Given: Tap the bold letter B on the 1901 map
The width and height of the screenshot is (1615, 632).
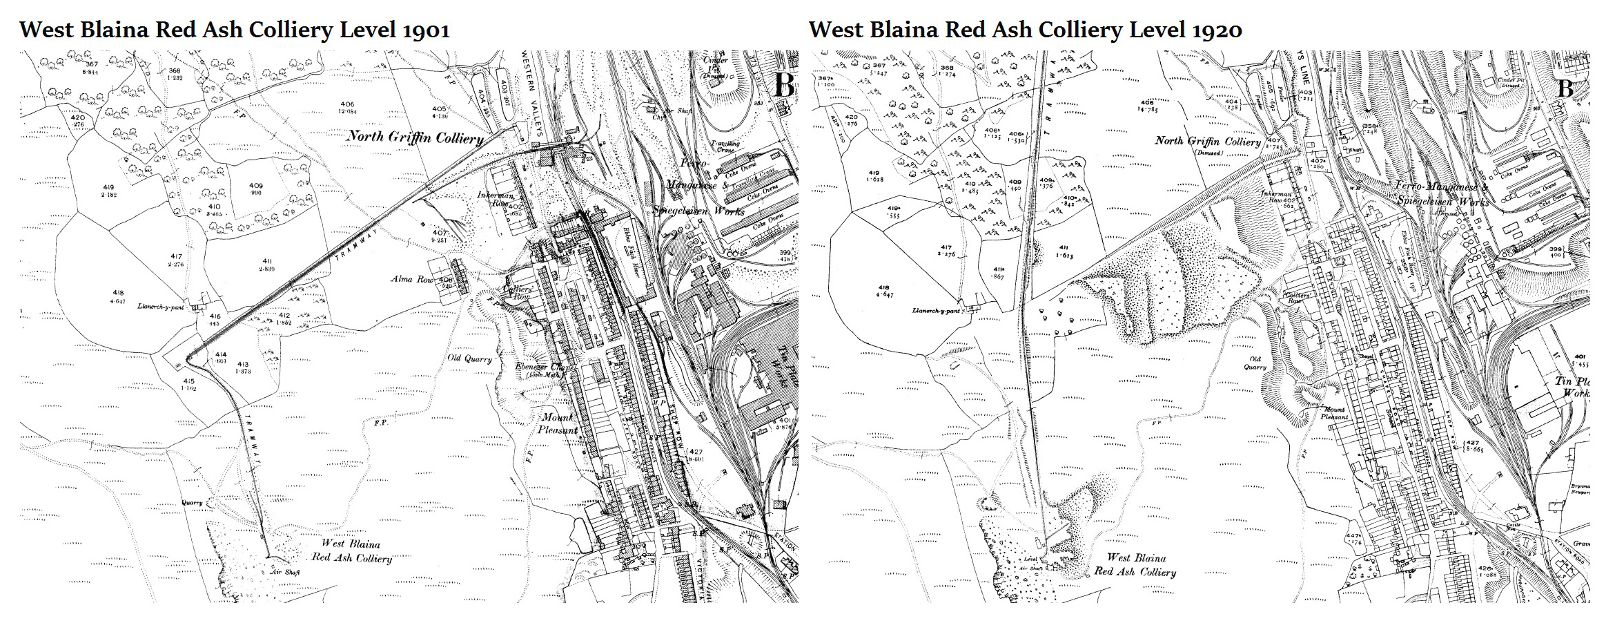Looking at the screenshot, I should [x=784, y=86].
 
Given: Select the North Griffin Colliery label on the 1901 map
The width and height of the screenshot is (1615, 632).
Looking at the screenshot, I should [x=414, y=137].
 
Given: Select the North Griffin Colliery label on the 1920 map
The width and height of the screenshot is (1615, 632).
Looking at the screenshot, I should [x=1207, y=141].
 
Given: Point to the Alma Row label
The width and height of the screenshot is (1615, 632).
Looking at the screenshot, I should [x=411, y=279].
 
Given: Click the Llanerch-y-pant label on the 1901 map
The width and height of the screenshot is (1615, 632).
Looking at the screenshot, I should [x=161, y=306].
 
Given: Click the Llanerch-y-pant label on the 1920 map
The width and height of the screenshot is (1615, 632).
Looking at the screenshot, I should [x=936, y=311].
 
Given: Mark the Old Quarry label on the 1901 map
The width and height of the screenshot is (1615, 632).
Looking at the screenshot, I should [x=470, y=358].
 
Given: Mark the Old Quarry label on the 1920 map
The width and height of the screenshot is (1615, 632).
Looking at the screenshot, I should [x=1255, y=363].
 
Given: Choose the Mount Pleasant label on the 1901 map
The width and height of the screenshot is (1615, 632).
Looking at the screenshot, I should [x=558, y=423].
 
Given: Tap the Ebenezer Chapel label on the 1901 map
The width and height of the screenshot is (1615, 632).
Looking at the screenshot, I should [x=545, y=369].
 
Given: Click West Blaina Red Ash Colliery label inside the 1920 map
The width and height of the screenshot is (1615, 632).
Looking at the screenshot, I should [x=1135, y=564].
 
